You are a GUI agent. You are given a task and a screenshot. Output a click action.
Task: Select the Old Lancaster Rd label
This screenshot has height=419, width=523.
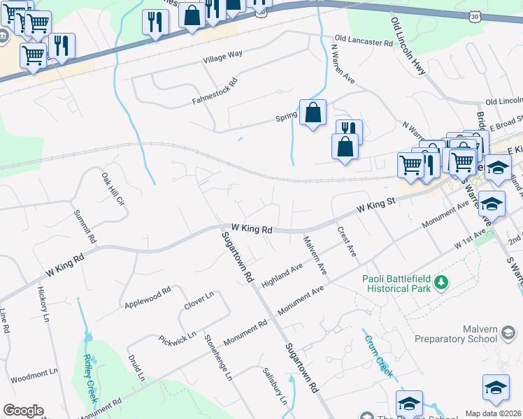[364, 42]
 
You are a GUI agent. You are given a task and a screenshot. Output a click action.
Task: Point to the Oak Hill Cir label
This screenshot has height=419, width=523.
[112, 189]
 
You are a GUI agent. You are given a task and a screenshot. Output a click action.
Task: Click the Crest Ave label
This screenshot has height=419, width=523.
[347, 242]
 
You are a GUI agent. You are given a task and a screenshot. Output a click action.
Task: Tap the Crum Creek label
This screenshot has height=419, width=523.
[378, 354]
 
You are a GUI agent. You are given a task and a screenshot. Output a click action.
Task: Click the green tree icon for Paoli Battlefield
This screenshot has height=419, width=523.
[440, 282]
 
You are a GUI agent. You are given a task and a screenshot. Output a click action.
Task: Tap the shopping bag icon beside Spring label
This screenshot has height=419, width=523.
[313, 112]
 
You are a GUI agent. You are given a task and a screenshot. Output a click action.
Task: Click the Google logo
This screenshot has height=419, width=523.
[23, 411]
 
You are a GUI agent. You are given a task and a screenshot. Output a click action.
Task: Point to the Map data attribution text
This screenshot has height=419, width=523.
[493, 413]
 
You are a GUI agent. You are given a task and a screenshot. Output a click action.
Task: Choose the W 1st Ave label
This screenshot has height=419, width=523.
[470, 240]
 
